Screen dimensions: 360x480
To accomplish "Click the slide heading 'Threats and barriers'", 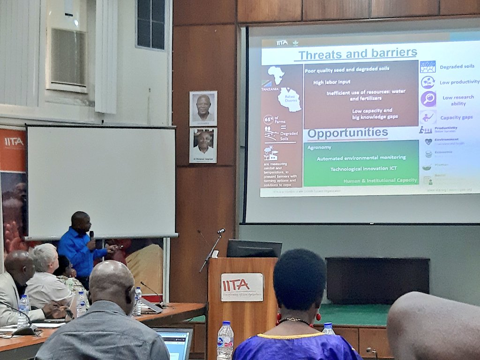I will [357, 54].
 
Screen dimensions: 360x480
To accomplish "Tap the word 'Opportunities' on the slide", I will [347, 133].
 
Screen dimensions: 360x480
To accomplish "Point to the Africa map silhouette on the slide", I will [276, 75].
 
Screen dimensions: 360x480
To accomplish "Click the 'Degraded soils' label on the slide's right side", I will [456, 67].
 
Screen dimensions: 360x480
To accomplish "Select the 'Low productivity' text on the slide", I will [459, 82].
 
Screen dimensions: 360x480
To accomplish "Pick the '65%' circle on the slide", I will [269, 120].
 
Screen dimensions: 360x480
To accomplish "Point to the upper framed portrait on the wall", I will [203, 108].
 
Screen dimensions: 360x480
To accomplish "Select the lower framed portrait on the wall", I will [203, 145].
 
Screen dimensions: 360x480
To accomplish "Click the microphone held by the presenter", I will [91, 235].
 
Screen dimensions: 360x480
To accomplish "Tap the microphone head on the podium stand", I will [221, 231].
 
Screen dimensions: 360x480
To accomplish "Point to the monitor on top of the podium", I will [254, 249].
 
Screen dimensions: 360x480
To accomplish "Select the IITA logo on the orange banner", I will [14, 142].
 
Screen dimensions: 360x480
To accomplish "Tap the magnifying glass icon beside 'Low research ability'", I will [428, 98].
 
